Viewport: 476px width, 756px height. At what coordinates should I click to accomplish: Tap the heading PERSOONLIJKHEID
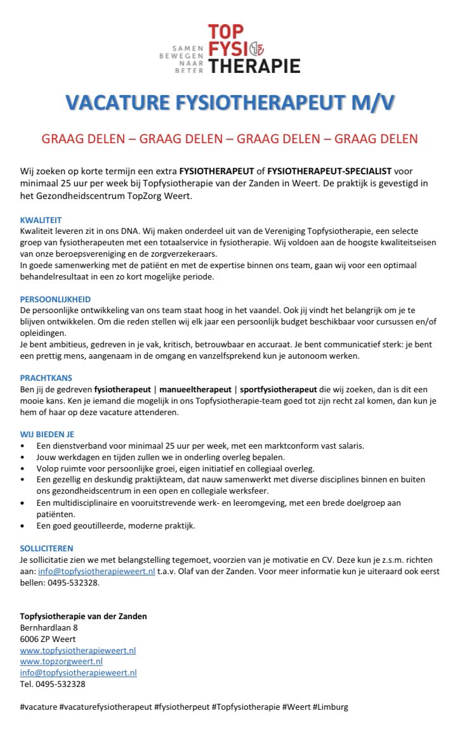tap(55, 299)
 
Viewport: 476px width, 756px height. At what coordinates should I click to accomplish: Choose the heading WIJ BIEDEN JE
tap(48, 434)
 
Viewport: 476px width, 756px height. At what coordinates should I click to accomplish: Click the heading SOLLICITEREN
tap(46, 548)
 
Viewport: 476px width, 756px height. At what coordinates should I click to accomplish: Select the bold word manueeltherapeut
tap(194, 390)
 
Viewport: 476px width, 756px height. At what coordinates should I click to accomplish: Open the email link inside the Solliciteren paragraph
tap(96, 571)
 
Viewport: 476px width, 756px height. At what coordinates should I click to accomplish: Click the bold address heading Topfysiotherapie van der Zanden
tap(83, 616)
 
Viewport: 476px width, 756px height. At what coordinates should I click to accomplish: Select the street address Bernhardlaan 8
tap(49, 627)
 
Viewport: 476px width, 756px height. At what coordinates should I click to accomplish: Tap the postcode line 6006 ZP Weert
tap(48, 639)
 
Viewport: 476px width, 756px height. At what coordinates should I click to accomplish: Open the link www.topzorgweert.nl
tap(62, 662)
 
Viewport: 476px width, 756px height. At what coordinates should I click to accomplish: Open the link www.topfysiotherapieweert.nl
tap(78, 650)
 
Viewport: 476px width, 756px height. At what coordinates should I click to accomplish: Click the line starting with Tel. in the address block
tap(53, 684)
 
